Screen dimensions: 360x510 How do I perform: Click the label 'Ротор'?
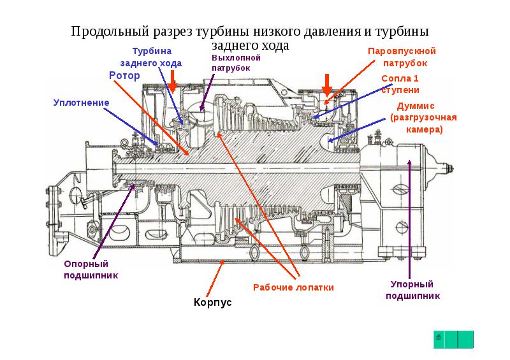click(x=124, y=75)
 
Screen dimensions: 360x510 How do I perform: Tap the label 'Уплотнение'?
click(x=81, y=102)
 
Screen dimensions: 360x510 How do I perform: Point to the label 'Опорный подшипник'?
click(x=86, y=270)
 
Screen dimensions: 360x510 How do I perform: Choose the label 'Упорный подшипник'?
click(x=412, y=290)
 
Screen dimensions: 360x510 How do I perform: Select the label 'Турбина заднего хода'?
click(x=157, y=57)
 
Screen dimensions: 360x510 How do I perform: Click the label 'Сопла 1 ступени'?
click(x=400, y=83)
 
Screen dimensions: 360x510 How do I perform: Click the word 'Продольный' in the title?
click(x=110, y=31)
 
